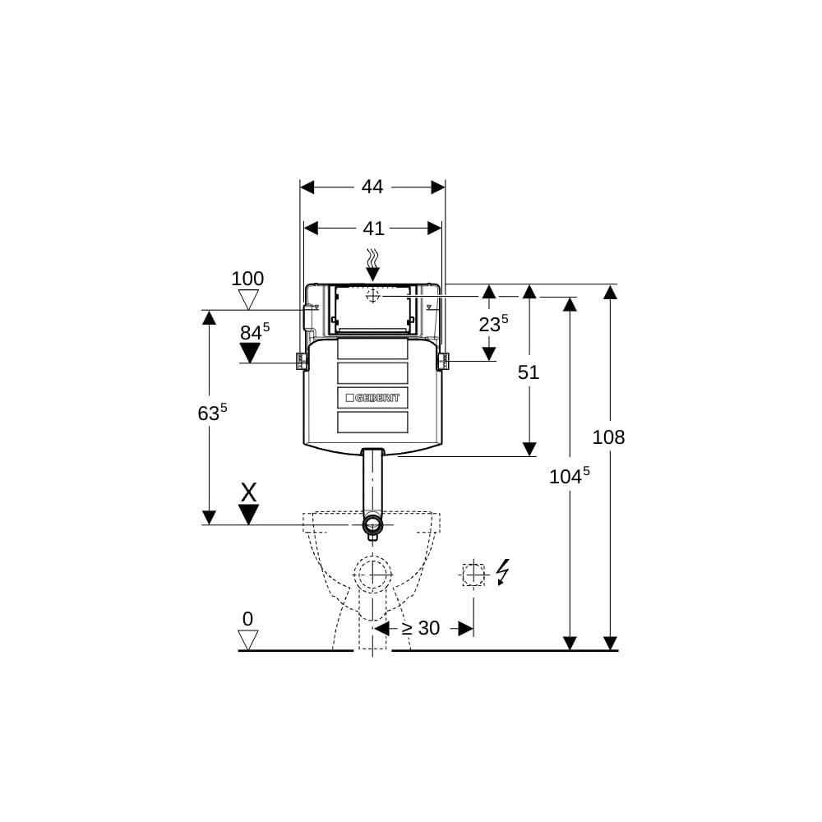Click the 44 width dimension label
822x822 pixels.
(372, 187)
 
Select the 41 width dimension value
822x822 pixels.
(373, 228)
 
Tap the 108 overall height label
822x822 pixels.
(608, 437)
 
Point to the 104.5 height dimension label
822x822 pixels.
(570, 476)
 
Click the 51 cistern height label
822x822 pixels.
(529, 372)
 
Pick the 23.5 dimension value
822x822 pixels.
(493, 323)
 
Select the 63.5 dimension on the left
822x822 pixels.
(212, 412)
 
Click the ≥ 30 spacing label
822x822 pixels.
(420, 628)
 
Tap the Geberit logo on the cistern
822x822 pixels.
(372, 398)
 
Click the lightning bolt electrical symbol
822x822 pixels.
(503, 572)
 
